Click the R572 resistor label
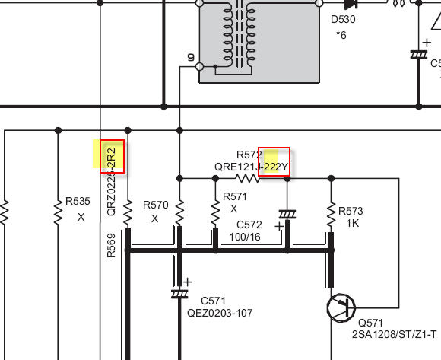point(249,155)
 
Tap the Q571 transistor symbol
point(341,307)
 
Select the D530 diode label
point(343,20)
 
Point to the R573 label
point(351,211)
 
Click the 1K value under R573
point(352,223)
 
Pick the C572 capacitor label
point(249,225)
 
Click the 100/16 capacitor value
point(245,237)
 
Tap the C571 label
point(213,301)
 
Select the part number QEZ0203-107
point(220,313)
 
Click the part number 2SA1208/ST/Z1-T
point(394,334)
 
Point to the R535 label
point(78,201)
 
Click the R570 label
point(156,205)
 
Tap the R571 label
point(235,196)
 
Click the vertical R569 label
point(111,245)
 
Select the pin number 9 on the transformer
point(191,57)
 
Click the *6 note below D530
point(341,35)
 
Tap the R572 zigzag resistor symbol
point(247,178)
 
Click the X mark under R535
point(81,217)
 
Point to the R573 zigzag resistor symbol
point(331,215)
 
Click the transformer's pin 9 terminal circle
point(199,67)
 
